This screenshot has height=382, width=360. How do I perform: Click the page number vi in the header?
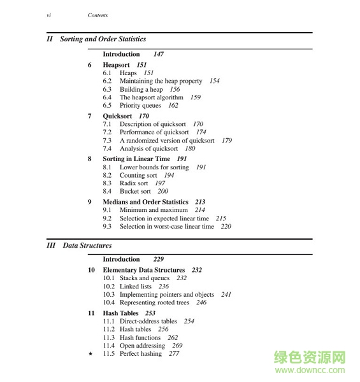49,15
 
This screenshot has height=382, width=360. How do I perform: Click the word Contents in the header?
97,15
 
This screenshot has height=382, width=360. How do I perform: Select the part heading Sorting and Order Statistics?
103,39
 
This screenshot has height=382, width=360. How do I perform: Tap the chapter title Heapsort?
116,65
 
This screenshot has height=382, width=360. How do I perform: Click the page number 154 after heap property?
214,81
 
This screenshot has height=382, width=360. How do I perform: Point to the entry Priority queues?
140,106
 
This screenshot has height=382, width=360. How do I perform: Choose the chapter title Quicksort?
117,117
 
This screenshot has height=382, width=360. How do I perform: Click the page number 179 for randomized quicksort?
227,141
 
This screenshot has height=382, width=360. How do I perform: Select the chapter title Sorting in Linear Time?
136,159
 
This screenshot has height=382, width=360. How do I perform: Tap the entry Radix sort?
134,183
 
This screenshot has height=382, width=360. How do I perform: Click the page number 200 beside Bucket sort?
162,191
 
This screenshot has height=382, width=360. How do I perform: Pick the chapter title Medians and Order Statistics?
145,202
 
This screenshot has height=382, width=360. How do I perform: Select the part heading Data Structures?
87,245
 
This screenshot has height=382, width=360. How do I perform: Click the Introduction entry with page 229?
121,259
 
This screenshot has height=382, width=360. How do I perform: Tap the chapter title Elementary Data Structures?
143,270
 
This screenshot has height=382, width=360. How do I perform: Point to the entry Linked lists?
136,286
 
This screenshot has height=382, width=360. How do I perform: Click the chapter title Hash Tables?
120,313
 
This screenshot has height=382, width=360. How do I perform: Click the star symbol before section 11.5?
90,354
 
